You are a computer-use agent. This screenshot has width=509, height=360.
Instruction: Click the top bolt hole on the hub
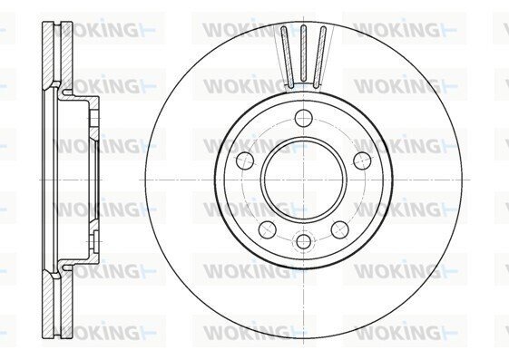pos(304,118)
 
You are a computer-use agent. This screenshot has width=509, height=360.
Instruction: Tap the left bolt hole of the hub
pos(245,161)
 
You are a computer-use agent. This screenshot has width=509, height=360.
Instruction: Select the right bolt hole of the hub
pos(362,161)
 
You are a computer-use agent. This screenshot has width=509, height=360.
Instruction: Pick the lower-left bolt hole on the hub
pos(268,229)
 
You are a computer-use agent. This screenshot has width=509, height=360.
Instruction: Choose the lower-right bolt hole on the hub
pos(340,229)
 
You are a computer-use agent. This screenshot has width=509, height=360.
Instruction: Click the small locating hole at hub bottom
pos(304,241)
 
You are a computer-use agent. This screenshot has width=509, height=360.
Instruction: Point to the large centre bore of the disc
pos(304,180)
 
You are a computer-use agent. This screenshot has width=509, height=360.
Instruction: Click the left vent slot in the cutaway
pos(288,57)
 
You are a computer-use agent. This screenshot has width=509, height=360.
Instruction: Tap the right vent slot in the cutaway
pos(319,57)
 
